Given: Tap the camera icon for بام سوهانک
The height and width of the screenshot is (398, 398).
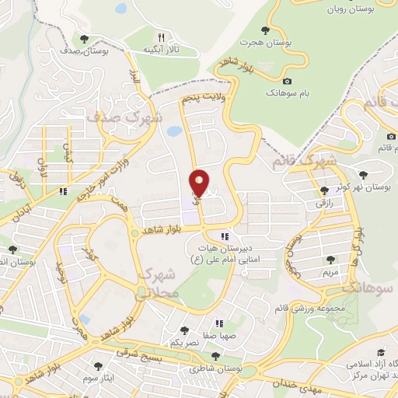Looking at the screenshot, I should click(x=287, y=82).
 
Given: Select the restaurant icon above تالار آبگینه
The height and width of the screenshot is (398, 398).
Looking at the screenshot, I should click(x=161, y=37).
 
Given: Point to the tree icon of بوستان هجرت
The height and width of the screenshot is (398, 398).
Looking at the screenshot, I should click(x=266, y=30).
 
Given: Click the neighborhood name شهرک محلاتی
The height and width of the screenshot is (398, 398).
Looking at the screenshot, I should click(x=159, y=285).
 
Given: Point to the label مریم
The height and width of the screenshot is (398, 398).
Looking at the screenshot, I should click(x=330, y=274).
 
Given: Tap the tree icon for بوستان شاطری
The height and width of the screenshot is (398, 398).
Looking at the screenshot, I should click(x=215, y=356).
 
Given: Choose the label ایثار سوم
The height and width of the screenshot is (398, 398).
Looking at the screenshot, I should click(x=102, y=377).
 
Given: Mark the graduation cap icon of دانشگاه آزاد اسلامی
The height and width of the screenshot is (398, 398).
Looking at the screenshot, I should click(x=381, y=352).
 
